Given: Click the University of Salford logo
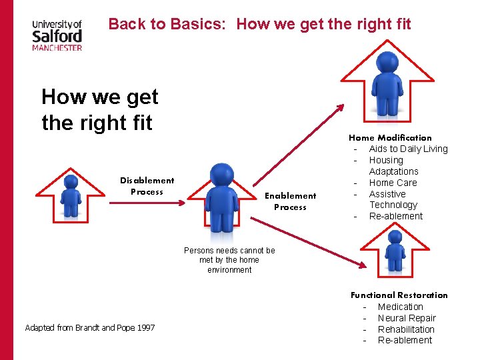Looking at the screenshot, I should click(x=57, y=35).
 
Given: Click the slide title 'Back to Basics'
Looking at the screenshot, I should click(x=259, y=25).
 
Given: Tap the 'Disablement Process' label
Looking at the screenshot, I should click(x=147, y=186).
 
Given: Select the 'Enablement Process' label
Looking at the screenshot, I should click(x=290, y=201).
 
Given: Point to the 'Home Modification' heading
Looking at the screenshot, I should click(x=390, y=138).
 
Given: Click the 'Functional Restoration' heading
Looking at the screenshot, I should click(x=399, y=295).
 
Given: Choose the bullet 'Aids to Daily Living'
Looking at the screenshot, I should click(x=408, y=149).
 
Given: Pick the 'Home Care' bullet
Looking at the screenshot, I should click(x=393, y=183).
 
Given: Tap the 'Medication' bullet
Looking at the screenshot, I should click(x=400, y=307).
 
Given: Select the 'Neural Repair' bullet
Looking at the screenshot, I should click(x=407, y=318).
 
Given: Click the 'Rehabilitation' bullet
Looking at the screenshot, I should click(x=406, y=329).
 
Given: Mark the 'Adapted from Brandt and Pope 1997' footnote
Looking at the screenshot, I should click(x=89, y=328).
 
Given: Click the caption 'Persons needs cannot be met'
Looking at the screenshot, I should click(x=229, y=260).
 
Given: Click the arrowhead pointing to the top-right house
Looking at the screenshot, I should click(x=341, y=107).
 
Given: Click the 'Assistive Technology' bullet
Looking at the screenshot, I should click(x=393, y=199).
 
